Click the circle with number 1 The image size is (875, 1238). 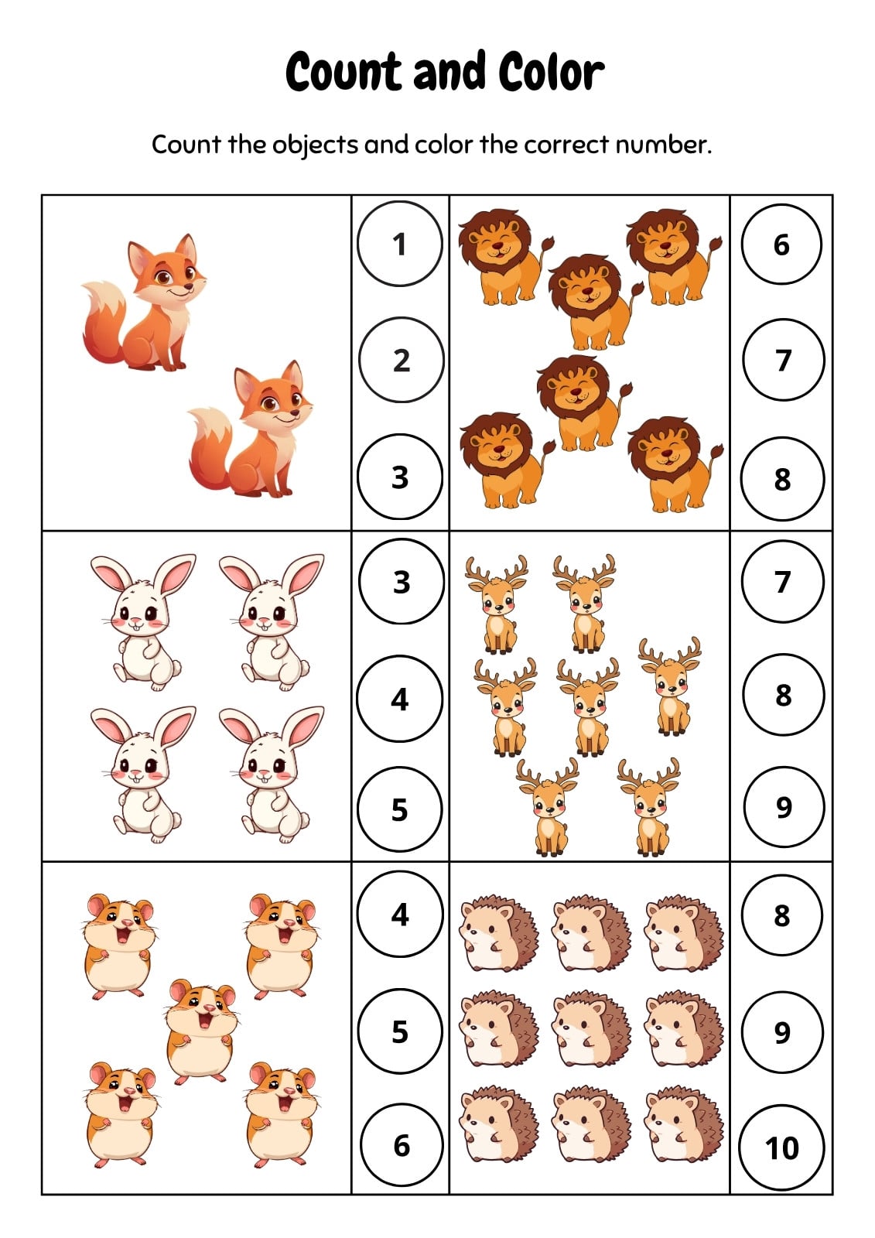point(400,244)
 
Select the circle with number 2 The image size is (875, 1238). point(401,360)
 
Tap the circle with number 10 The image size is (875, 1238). point(782,1147)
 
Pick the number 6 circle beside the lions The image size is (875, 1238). point(781,245)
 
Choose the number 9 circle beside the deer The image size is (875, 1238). point(784,807)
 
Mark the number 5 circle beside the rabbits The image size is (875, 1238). point(400,809)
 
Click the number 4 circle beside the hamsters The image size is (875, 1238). point(400,914)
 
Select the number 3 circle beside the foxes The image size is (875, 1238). point(400,477)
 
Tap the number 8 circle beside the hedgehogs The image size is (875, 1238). point(781,915)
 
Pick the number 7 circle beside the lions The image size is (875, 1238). point(783,360)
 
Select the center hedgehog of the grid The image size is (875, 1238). point(591,1032)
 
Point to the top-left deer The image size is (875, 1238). point(497,604)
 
